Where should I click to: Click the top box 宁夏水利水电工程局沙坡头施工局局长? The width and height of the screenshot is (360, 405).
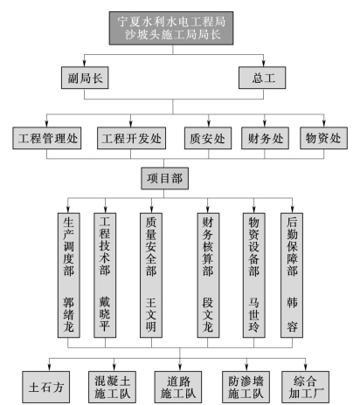[x=171, y=28]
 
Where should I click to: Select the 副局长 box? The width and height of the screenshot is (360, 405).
[x=85, y=78]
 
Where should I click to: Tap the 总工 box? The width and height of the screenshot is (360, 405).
[x=262, y=78]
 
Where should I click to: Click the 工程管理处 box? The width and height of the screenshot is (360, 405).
[x=47, y=138]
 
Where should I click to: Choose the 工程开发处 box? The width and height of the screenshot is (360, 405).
[x=131, y=138]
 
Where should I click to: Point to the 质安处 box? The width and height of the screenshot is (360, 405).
[x=208, y=138]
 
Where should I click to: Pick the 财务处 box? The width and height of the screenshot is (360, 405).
[x=265, y=138]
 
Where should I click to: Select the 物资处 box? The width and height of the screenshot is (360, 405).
[x=323, y=138]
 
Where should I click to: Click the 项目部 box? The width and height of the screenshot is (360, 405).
[x=164, y=178]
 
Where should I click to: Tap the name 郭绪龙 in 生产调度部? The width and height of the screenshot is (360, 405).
[x=69, y=314]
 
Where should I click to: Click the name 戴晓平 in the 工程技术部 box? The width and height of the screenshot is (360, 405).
[x=105, y=314]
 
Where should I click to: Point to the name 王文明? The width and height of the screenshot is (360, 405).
[x=151, y=314]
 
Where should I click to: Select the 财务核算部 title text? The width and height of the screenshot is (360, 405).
[x=208, y=246]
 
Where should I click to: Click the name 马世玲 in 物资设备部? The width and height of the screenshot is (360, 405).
[x=253, y=314]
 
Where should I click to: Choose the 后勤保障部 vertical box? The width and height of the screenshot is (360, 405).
[x=292, y=275]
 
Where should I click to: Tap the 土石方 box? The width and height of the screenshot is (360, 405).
[x=46, y=387]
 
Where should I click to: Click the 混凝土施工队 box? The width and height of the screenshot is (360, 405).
[x=112, y=387]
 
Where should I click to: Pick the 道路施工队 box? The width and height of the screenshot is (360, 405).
[x=178, y=387]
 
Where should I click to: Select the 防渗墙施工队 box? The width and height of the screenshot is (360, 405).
[x=246, y=387]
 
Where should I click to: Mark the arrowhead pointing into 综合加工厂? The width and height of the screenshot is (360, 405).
[x=305, y=367]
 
